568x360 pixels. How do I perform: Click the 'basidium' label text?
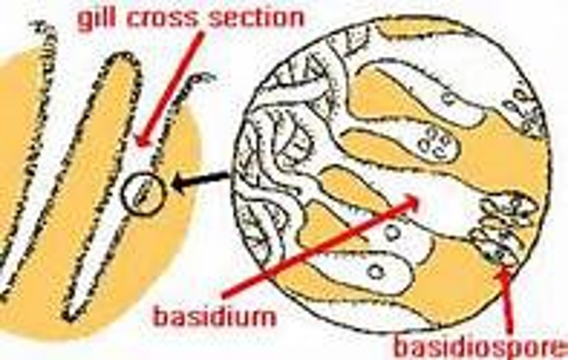click(215, 316)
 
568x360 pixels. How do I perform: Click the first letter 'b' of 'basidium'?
click(161, 315)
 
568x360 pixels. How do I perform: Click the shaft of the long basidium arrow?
click(316, 248)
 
